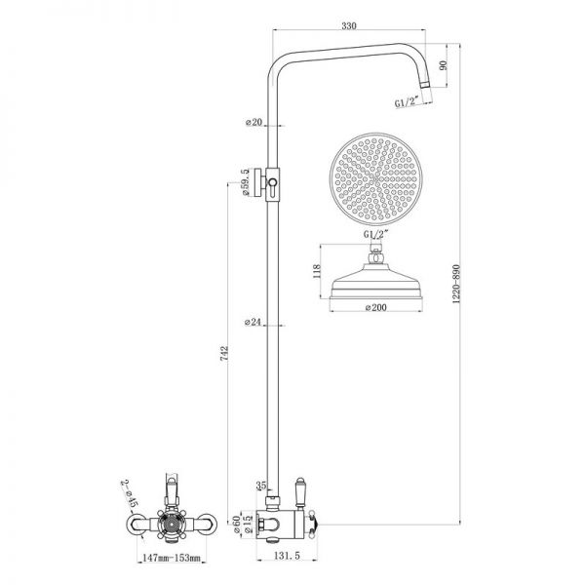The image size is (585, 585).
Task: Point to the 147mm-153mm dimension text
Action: coord(172,559)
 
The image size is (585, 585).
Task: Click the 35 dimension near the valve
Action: coord(259,485)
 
